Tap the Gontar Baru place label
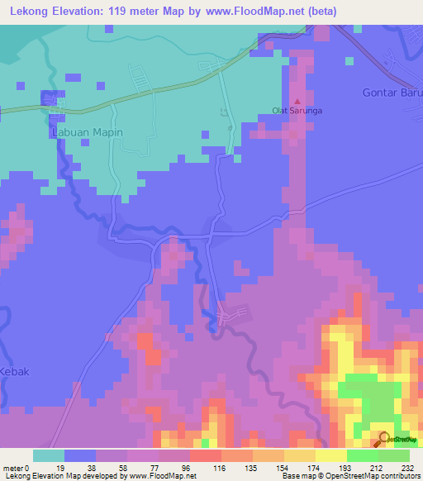click(392, 92)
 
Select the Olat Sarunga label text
click(296, 108)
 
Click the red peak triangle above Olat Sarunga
click(297, 99)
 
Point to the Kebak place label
click(14, 371)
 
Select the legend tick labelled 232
click(408, 467)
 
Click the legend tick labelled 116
click(205, 467)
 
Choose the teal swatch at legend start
click(49, 455)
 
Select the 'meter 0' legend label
click(17, 467)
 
